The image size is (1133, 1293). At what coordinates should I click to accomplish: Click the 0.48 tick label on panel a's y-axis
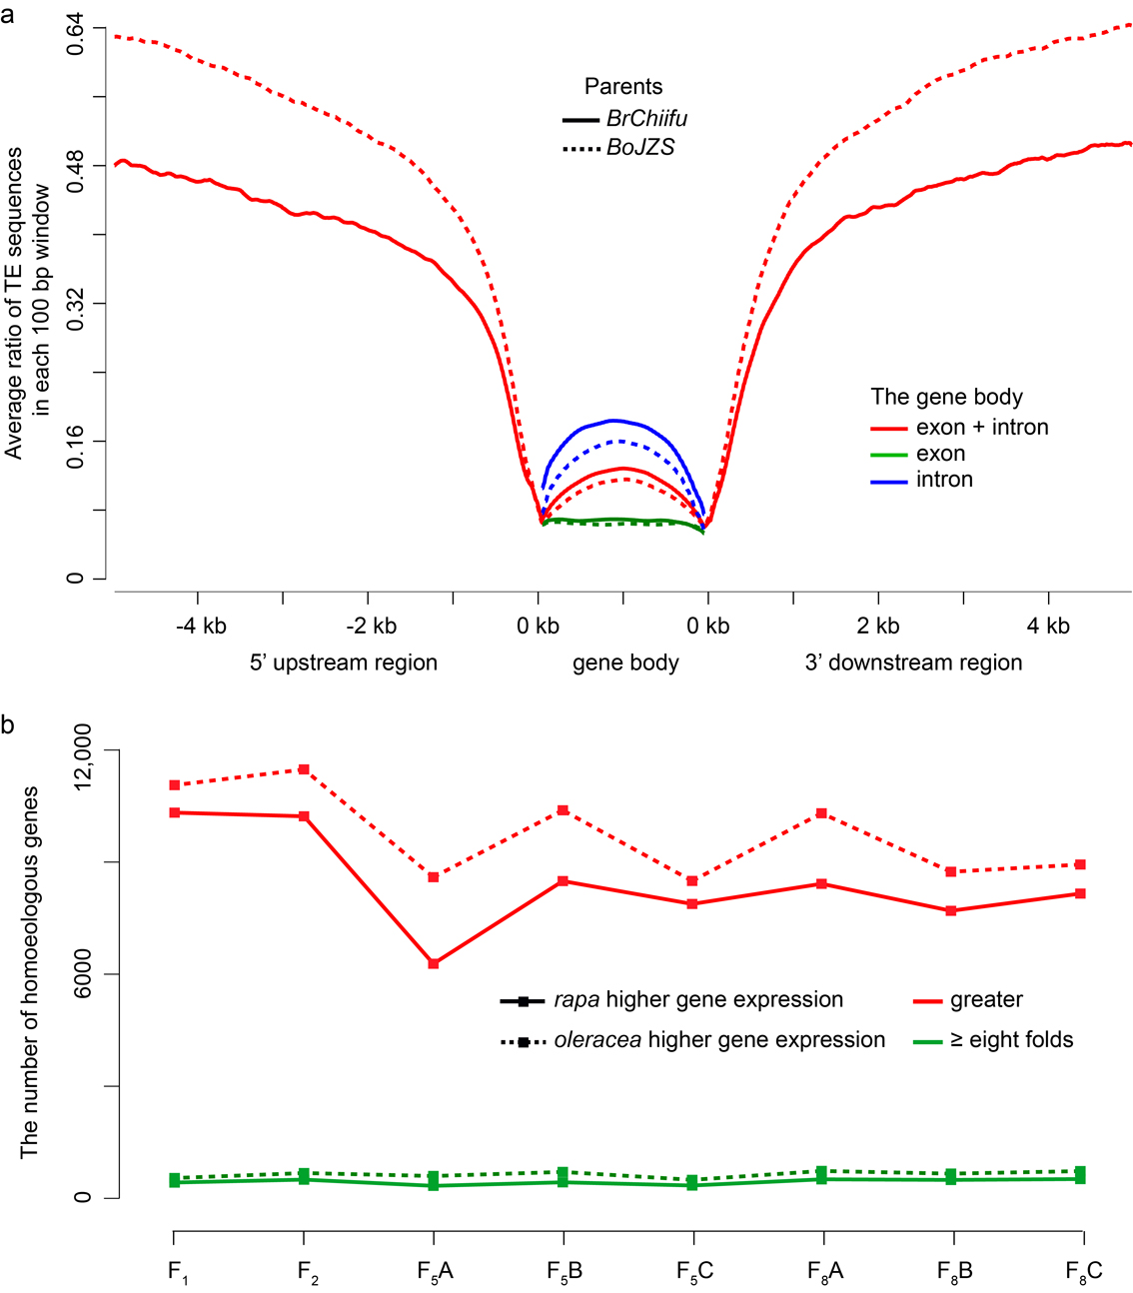pos(75,165)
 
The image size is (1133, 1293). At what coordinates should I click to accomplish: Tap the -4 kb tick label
pos(201,627)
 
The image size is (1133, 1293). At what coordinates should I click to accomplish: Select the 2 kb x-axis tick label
pos(878,627)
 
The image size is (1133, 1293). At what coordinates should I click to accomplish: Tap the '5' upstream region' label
pos(344,662)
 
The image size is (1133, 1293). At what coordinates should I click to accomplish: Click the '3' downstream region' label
pos(913,662)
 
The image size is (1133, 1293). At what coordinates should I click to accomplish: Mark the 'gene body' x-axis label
pos(625,662)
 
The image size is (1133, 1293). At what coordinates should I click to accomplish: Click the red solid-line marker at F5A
pos(434,963)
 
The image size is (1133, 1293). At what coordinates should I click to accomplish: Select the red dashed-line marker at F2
pos(304,769)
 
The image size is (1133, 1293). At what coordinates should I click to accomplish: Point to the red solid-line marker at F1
pos(175,812)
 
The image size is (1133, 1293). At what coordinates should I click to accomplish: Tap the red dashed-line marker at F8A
pos(822,813)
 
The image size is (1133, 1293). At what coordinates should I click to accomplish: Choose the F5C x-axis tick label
pos(693,1271)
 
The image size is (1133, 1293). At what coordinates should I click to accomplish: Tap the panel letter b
pos(8,724)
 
